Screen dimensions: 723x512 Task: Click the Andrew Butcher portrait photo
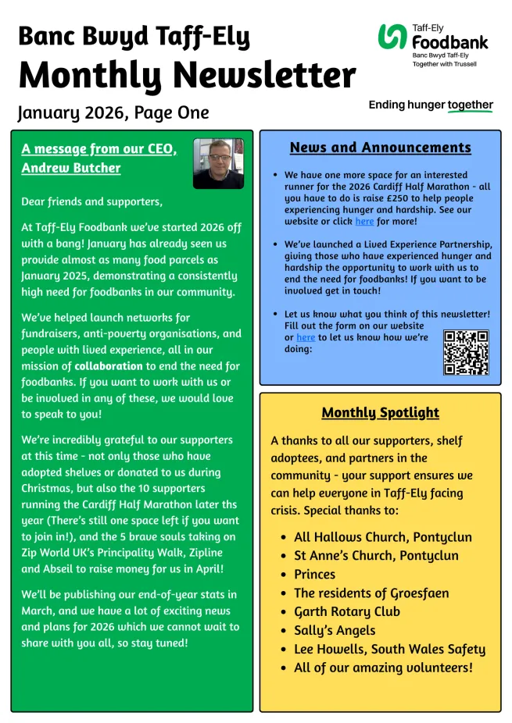pyautogui.click(x=218, y=163)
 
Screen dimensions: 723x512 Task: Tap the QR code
pyautogui.click(x=466, y=352)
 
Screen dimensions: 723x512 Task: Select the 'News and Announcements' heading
pyautogui.click(x=380, y=148)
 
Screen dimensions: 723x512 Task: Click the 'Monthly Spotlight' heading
pyautogui.click(x=380, y=412)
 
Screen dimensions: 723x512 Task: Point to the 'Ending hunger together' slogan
pyautogui.click(x=431, y=105)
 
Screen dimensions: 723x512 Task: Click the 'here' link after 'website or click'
pyautogui.click(x=365, y=222)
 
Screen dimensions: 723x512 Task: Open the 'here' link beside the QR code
pyautogui.click(x=306, y=337)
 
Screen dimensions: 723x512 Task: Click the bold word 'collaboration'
pyautogui.click(x=109, y=365)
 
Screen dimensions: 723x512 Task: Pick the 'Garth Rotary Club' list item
pyautogui.click(x=346, y=611)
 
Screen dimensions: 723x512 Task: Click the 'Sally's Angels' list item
pyautogui.click(x=335, y=630)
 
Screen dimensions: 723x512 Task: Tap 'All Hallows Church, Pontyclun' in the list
pyautogui.click(x=383, y=536)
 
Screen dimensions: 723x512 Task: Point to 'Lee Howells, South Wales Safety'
pyautogui.click(x=389, y=649)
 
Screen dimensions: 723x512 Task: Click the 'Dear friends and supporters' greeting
pyautogui.click(x=92, y=201)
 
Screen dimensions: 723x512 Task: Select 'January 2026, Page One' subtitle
pyautogui.click(x=113, y=112)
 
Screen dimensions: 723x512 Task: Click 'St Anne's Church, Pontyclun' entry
pyautogui.click(x=376, y=555)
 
